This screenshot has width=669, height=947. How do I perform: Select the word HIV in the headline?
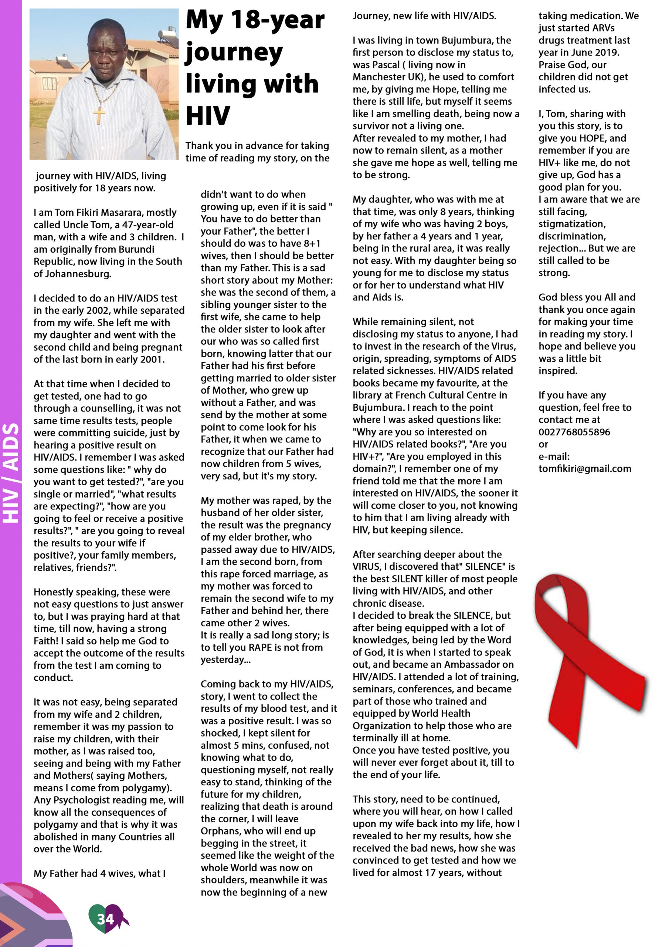click(208, 115)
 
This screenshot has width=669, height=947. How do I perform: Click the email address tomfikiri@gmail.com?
click(584, 469)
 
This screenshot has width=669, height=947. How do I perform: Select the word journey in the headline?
click(234, 53)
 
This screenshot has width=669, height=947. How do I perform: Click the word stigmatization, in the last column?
click(572, 224)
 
